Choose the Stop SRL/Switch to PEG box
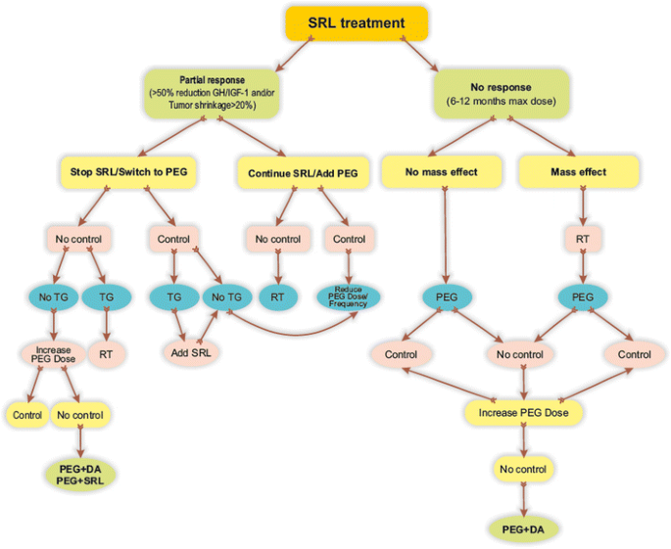coord(127,172)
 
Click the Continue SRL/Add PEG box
coord(297,172)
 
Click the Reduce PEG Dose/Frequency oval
coord(348,297)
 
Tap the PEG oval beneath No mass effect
coord(448,297)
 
